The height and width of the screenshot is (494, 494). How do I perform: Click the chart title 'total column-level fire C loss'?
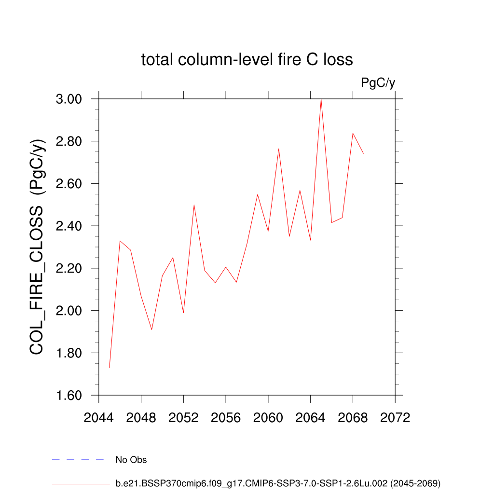coord(247,59)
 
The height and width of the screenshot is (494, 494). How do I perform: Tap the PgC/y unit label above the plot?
coord(378,83)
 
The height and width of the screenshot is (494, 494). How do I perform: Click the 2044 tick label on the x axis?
coord(98,418)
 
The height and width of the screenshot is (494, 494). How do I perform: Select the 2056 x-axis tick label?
coord(226,418)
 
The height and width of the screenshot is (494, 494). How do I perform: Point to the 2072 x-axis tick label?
coord(395,418)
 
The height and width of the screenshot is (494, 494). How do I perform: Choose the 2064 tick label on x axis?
coord(310,418)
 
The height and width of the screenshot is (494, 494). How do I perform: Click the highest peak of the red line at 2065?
coord(321,99)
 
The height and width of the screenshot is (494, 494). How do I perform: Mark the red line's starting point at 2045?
coord(110,368)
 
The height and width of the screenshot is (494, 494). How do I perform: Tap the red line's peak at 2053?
coord(194,205)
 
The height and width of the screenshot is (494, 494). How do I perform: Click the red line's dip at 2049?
coord(152,329)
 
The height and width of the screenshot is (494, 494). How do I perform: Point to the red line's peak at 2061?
coord(279,149)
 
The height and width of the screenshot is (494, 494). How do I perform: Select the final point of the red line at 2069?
coord(363,153)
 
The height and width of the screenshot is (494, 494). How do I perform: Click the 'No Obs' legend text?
coord(131,460)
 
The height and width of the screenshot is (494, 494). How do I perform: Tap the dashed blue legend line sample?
coord(78,460)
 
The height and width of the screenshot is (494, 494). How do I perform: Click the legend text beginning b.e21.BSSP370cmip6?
coord(278,483)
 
